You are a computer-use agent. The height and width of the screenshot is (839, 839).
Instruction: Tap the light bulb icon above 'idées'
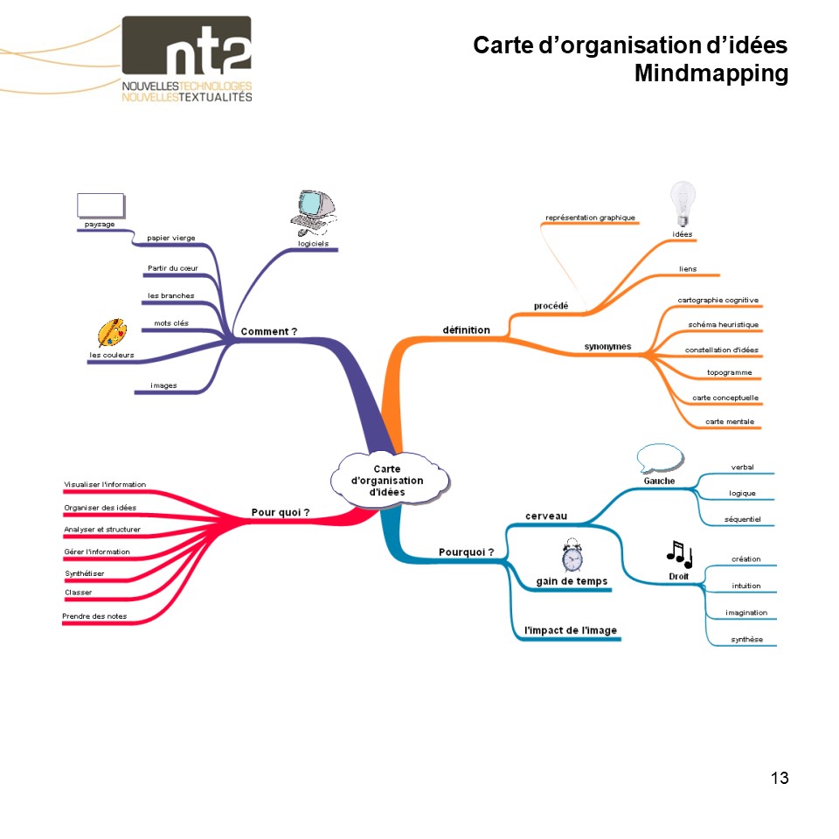point(682,203)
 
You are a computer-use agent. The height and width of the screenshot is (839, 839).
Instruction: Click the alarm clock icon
point(572,557)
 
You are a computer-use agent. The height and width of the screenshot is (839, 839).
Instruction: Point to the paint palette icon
point(112,334)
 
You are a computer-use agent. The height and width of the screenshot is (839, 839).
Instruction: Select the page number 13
point(780,777)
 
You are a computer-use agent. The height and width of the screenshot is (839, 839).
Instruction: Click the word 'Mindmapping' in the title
point(711,73)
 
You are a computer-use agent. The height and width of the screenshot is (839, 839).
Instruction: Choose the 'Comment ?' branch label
point(269,331)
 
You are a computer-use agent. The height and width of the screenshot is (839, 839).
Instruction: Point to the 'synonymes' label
point(607,347)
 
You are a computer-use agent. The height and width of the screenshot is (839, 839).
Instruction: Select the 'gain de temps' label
point(572,581)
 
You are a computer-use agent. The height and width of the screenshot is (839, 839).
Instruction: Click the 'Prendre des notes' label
point(94,616)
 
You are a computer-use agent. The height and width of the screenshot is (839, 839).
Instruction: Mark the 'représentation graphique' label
point(590,217)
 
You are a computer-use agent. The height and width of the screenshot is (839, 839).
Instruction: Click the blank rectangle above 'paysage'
point(101,205)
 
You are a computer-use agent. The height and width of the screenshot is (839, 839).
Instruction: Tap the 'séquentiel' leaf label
point(742,519)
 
